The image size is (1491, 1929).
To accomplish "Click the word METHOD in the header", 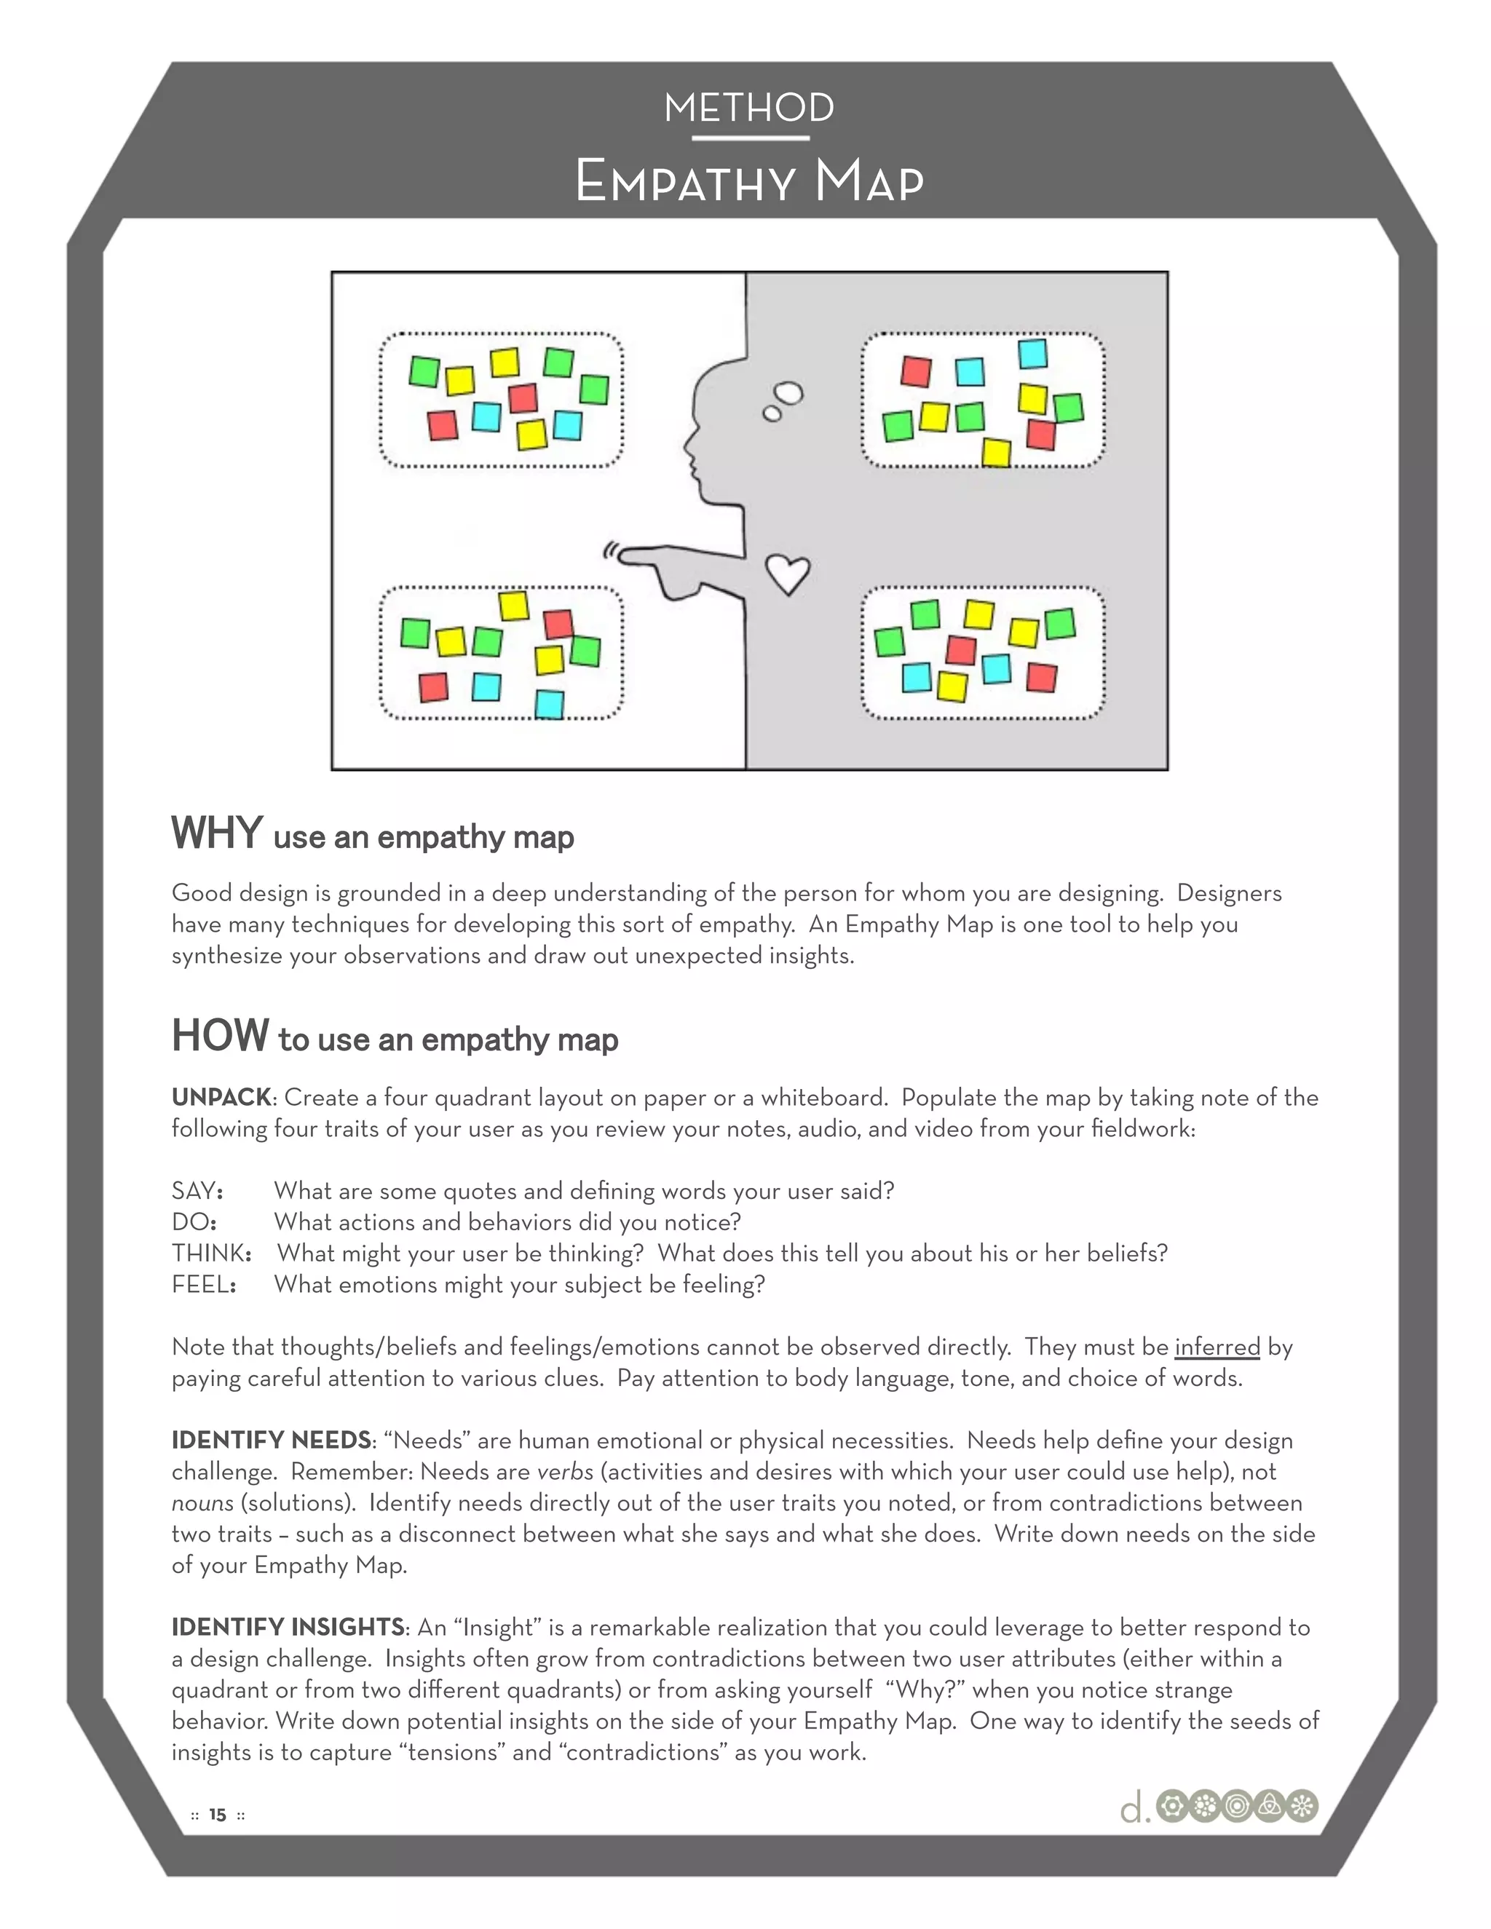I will (x=749, y=108).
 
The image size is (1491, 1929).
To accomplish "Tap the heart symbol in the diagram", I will (x=786, y=574).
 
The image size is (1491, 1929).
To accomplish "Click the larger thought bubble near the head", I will (x=788, y=393).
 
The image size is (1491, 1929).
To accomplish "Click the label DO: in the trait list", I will (x=194, y=1221).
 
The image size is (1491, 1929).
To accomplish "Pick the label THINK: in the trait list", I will (x=211, y=1253).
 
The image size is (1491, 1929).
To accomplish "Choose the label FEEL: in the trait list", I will (x=203, y=1284).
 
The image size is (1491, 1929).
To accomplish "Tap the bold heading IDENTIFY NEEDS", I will (x=271, y=1441).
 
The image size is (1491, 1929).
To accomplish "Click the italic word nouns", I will (x=202, y=1502).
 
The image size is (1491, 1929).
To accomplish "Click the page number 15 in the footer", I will (x=217, y=1815).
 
